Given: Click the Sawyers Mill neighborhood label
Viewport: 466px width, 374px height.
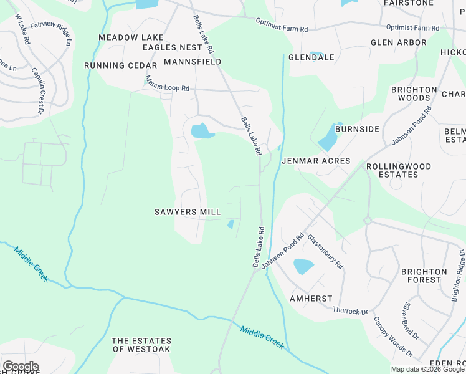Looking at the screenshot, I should tap(188, 212).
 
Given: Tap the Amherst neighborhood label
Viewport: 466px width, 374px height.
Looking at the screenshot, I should tap(311, 299).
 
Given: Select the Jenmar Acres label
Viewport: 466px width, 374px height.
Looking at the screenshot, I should tap(316, 161).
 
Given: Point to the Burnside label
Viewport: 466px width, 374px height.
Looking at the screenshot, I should tap(357, 129).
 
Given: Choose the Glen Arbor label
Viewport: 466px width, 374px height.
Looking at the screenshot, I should tap(398, 42).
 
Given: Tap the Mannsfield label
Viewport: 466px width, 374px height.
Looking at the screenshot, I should tap(193, 62).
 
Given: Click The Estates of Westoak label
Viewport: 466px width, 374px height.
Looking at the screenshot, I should tap(141, 345).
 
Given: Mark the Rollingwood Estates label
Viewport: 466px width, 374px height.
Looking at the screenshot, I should tap(399, 170).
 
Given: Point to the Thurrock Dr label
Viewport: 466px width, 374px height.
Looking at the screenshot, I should tap(351, 311).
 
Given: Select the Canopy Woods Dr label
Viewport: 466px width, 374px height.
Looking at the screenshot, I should tap(393, 337).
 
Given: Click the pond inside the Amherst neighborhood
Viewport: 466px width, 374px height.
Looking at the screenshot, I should tap(303, 266).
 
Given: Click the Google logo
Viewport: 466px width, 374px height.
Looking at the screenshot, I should tap(21, 367).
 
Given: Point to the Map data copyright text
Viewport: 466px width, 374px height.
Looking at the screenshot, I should tap(427, 369).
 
